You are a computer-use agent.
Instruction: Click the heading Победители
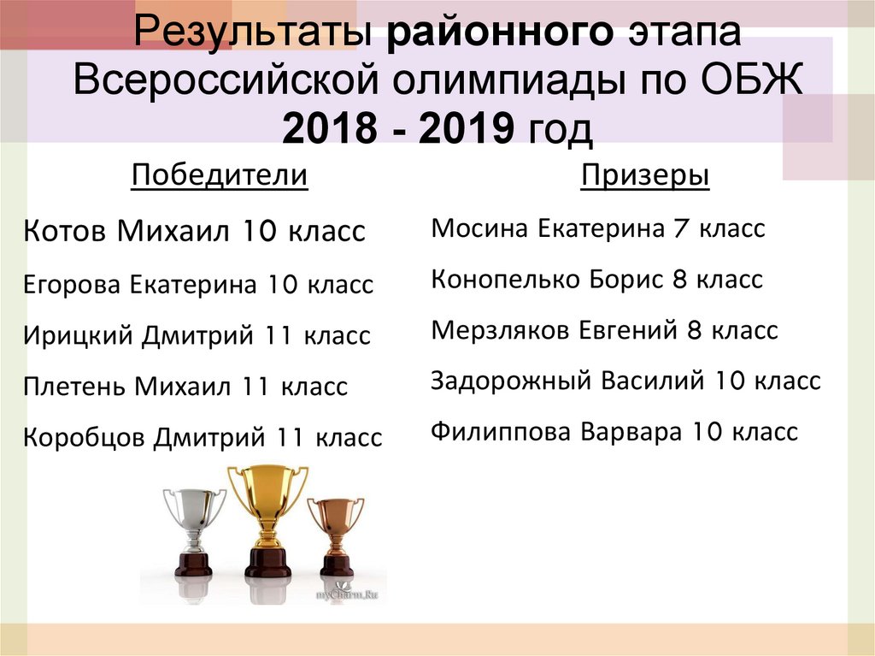click(x=219, y=176)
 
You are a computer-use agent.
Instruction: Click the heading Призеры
click(x=645, y=176)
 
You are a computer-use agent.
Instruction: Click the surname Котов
click(x=65, y=231)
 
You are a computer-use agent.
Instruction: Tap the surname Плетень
click(x=74, y=387)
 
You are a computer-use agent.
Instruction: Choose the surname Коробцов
click(x=84, y=438)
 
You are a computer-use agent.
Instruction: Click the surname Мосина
click(x=479, y=229)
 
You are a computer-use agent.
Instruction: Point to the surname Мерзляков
click(x=501, y=330)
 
